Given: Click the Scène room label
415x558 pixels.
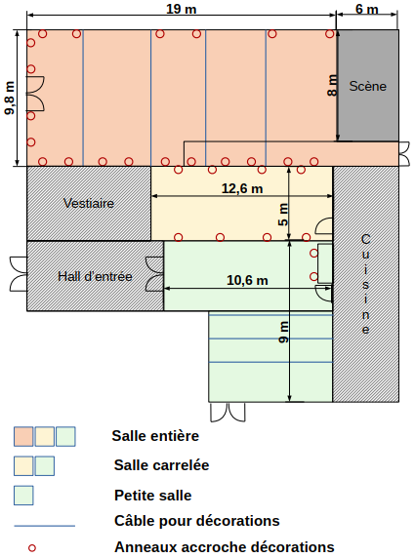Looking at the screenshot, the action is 367,86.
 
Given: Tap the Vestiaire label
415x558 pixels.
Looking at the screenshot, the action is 89,203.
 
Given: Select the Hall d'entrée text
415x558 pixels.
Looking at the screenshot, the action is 95,276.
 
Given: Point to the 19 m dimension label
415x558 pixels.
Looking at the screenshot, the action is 182,9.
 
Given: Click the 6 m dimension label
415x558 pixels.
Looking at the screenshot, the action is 367,9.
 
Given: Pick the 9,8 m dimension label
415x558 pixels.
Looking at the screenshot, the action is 10,98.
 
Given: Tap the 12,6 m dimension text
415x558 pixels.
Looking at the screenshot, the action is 242,188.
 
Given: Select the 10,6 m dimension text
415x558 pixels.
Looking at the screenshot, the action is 247,280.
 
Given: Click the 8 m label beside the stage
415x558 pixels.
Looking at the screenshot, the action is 332,86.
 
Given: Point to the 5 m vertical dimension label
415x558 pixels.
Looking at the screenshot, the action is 283,215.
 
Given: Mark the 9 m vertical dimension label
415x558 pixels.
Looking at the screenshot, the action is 283,333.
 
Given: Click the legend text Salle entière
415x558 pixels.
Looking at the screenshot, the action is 155,436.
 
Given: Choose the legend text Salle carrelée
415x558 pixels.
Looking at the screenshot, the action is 161,465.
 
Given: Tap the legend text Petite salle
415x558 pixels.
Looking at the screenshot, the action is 153,496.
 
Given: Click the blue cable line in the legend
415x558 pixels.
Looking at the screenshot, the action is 45,526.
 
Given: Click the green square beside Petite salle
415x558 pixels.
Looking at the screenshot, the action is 23,496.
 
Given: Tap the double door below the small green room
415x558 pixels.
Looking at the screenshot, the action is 228,412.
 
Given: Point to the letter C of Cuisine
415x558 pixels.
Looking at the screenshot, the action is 365,239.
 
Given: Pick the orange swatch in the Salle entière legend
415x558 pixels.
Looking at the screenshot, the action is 23,437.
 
